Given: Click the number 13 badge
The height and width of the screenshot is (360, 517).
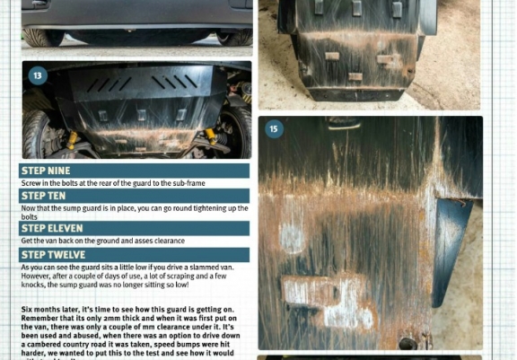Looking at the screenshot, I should (x=38, y=75).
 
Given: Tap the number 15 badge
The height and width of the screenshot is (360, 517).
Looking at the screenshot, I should (x=274, y=129).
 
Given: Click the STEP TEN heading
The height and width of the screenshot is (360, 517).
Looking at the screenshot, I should (x=43, y=196).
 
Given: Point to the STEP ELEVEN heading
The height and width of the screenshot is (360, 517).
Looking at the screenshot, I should (x=52, y=228).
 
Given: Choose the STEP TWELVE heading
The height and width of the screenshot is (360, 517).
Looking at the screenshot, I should (x=52, y=255).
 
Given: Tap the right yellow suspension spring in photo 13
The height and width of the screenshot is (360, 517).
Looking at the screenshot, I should (x=212, y=136).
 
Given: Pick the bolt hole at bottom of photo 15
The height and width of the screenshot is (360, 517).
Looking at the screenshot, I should (x=407, y=342).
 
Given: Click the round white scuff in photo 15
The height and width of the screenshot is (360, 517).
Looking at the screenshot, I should (x=293, y=238).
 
